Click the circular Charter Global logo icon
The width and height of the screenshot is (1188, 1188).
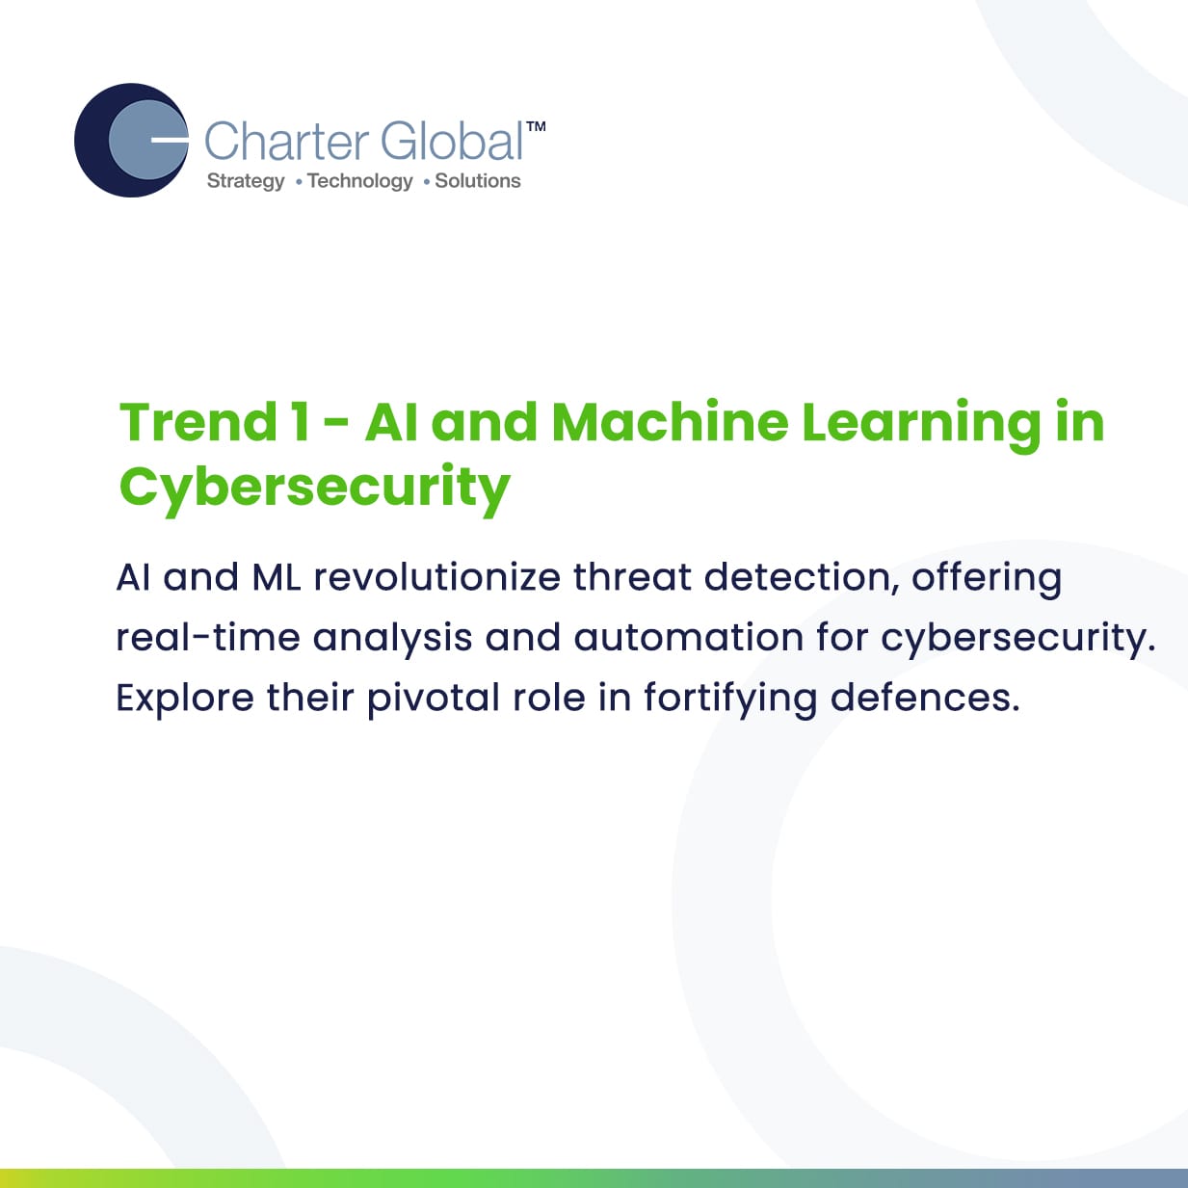coord(131,140)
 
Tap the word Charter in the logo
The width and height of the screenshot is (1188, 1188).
coord(286,142)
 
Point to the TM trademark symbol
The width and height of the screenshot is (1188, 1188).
coord(536,126)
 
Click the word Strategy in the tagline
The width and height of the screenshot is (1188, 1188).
coord(246,181)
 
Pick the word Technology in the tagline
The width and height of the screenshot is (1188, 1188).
coord(360,181)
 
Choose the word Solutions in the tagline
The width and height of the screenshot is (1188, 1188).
coord(478,180)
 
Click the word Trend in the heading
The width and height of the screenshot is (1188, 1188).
coord(198,422)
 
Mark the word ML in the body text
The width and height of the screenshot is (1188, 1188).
coord(277,578)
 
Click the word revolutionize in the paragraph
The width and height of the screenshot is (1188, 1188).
coord(437,577)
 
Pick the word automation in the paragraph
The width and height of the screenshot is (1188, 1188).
coord(689,638)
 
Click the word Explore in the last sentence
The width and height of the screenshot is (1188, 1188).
coord(185,699)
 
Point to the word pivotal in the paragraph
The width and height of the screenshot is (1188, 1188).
coord(434,699)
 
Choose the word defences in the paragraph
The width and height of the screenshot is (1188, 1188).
coord(925,698)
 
